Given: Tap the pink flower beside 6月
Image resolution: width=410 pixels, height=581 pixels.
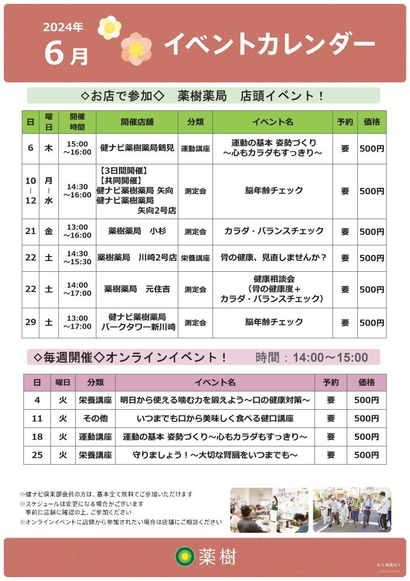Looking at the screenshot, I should [x=136, y=48].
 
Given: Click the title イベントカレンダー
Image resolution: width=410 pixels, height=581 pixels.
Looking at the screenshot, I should [x=269, y=45].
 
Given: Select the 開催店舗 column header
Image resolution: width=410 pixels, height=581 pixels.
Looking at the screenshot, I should [x=137, y=121].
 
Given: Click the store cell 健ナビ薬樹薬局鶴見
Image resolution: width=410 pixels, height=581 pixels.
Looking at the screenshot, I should [x=137, y=149].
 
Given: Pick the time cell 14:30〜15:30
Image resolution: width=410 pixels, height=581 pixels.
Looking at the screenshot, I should [x=77, y=258].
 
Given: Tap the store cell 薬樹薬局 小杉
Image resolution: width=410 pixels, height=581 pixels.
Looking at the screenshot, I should [x=137, y=231].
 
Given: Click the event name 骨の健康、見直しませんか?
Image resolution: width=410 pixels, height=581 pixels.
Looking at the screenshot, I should [x=273, y=258].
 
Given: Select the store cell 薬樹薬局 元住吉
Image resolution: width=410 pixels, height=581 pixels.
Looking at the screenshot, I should [x=137, y=289].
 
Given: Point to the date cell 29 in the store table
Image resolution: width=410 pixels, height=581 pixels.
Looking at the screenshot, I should [x=31, y=322].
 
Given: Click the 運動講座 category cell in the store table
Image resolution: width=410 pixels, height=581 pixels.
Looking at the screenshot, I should [x=195, y=149].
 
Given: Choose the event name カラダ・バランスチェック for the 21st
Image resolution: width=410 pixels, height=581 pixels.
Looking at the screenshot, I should [x=273, y=231].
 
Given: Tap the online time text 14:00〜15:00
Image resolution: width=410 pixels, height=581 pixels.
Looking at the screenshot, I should [x=311, y=357].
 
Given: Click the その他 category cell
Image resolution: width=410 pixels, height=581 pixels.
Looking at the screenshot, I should [x=95, y=419].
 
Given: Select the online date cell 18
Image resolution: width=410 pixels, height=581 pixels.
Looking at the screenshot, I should [x=37, y=437].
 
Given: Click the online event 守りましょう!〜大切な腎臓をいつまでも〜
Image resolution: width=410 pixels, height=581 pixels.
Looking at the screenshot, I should [x=215, y=455].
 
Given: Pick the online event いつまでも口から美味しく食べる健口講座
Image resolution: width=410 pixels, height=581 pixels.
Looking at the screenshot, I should [x=215, y=419].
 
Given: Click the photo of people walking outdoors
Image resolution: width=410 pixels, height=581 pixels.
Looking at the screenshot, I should [x=352, y=510].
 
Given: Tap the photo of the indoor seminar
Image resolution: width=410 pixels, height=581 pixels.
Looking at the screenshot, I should [x=269, y=510].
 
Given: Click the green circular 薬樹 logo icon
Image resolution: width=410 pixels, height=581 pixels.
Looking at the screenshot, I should [x=184, y=556].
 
